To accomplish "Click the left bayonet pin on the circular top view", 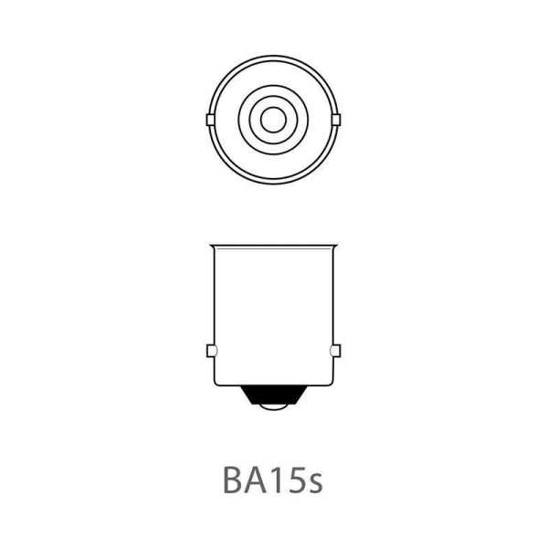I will coord(211,120).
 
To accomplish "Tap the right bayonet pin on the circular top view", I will coord(336,120).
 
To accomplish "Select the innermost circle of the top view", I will coord(273,119).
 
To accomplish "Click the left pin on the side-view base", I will coord(211,351).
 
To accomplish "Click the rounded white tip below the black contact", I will coord(273,408).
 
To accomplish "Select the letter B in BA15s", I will coord(233,480).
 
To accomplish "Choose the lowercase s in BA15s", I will coord(314,484).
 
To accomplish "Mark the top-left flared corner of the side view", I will coord(211,246).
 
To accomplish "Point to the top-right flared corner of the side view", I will coord(335,246).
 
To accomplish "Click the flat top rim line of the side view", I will coord(273,245).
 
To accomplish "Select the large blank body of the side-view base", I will coord(273,311).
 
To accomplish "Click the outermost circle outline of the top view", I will coord(273,56).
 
